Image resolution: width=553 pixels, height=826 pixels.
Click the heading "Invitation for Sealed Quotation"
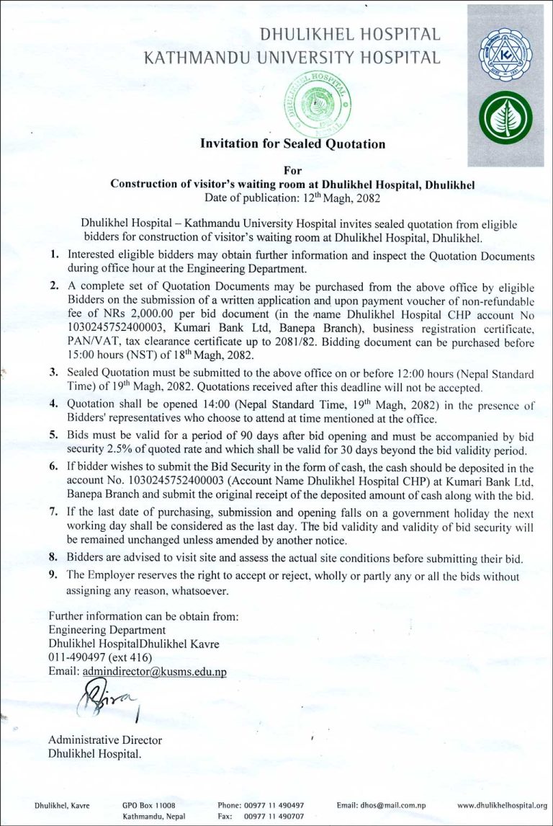(x=292, y=143)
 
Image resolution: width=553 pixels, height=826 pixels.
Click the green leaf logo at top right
(x=505, y=117)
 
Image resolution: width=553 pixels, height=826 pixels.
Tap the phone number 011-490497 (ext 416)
(x=101, y=657)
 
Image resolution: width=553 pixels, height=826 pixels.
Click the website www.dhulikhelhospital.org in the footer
(x=502, y=805)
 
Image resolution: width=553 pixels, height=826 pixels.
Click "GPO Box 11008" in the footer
(x=149, y=805)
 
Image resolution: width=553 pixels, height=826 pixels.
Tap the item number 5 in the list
(x=53, y=436)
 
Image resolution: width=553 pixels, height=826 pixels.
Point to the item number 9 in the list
(x=53, y=575)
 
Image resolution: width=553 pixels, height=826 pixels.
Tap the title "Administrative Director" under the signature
(x=105, y=740)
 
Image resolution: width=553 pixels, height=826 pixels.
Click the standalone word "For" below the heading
(x=293, y=171)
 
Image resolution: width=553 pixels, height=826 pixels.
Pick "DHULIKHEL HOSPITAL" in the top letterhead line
(x=350, y=34)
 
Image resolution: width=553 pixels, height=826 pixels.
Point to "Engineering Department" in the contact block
(x=107, y=630)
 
